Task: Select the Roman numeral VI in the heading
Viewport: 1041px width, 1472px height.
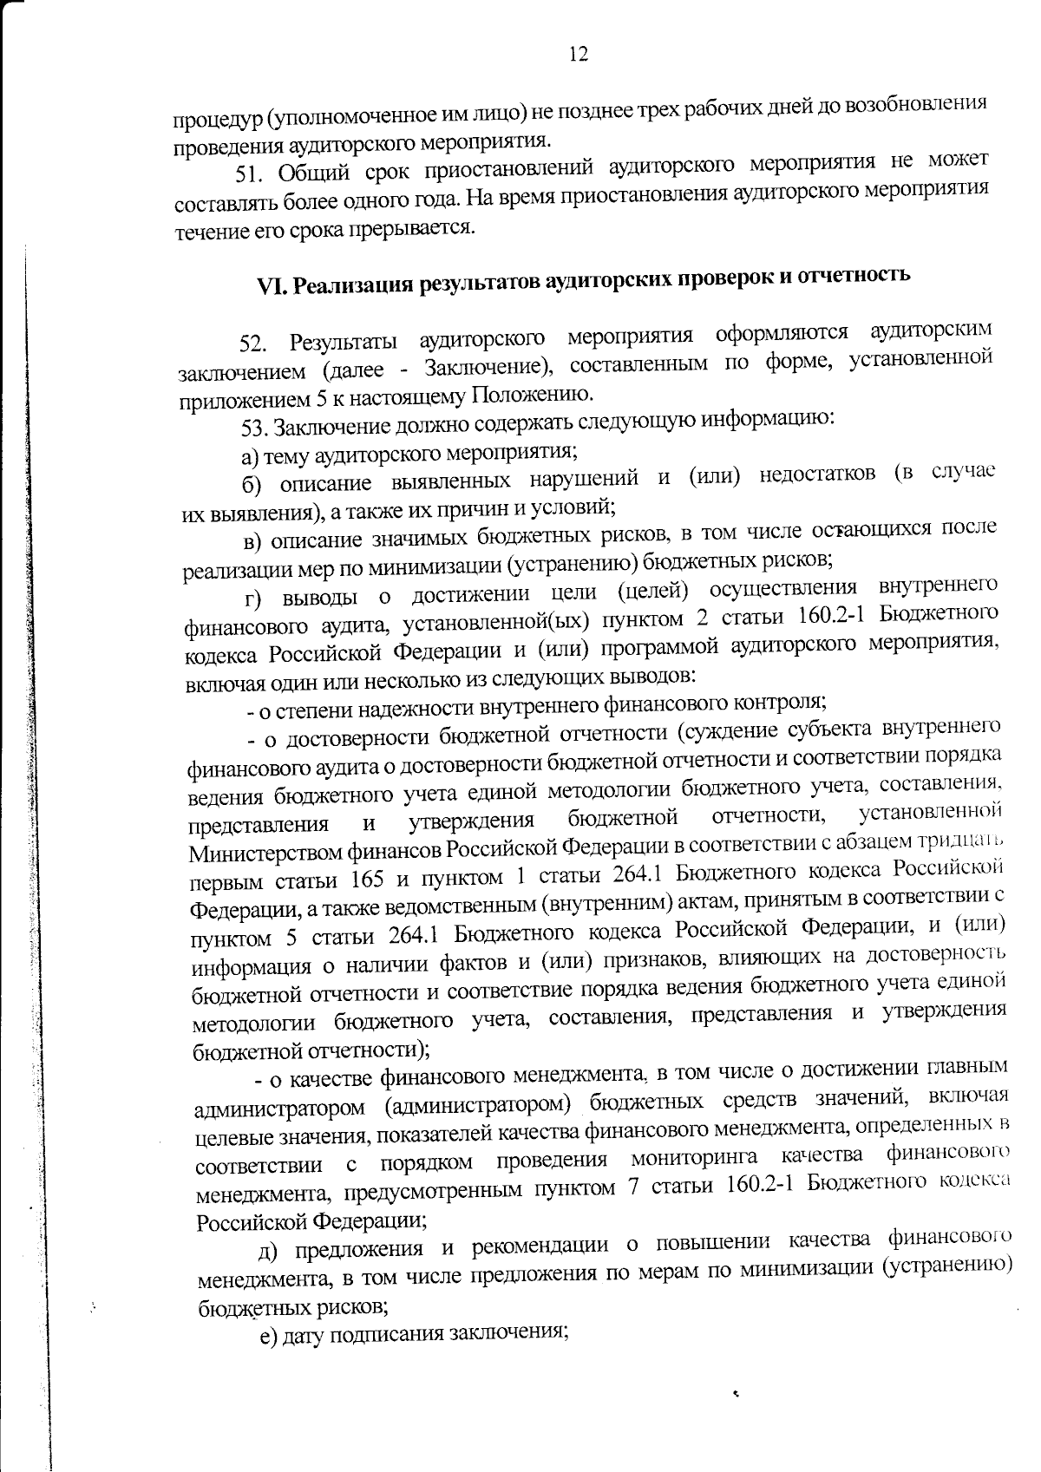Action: pyautogui.click(x=272, y=288)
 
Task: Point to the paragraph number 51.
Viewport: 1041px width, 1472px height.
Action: pyautogui.click(x=251, y=173)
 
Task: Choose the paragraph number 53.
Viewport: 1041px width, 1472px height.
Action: pyautogui.click(x=252, y=427)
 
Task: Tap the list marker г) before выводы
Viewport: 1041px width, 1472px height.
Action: pyautogui.click(x=253, y=598)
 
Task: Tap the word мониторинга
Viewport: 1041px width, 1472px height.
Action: pyautogui.click(x=694, y=1158)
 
